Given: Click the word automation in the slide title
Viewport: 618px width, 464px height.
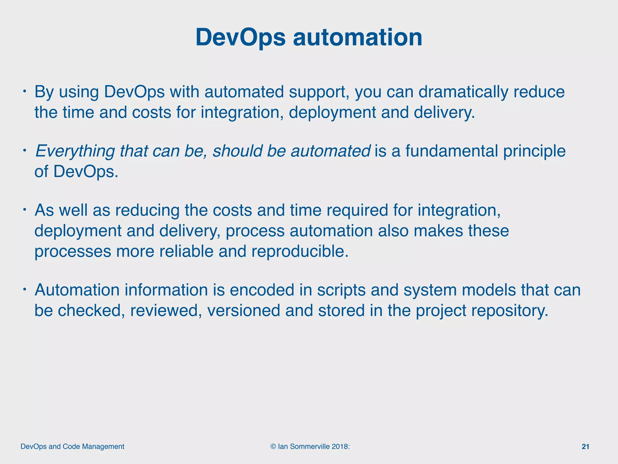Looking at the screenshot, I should (x=358, y=37).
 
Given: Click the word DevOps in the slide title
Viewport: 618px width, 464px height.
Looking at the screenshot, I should (x=240, y=37).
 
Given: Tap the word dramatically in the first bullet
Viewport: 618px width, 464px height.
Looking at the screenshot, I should (x=463, y=92).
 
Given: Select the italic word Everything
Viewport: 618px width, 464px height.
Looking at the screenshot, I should (x=75, y=151).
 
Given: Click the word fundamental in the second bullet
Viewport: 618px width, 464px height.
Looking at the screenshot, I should (x=451, y=151).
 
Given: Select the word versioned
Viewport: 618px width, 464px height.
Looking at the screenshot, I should (x=244, y=311).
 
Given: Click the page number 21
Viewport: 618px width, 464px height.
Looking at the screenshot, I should (x=585, y=447).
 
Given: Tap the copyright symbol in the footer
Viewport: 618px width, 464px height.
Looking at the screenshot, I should (x=273, y=447).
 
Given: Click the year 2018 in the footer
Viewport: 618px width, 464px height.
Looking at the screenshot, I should (x=340, y=447).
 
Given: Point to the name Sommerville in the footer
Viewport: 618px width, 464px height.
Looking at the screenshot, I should (x=310, y=447).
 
